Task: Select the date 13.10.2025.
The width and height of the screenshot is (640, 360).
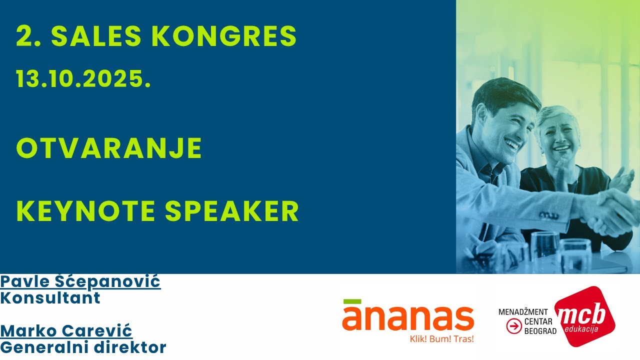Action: pyautogui.click(x=83, y=79)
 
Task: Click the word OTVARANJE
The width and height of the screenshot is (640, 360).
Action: pyautogui.click(x=109, y=148)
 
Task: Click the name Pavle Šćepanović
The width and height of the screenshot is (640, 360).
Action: pyautogui.click(x=80, y=281)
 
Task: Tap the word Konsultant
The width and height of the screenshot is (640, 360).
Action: pyautogui.click(x=50, y=298)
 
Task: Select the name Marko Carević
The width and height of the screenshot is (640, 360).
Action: pyautogui.click(x=66, y=330)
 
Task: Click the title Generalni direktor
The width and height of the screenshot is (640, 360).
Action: pyautogui.click(x=83, y=347)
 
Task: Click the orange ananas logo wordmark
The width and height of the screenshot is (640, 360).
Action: pyautogui.click(x=408, y=318)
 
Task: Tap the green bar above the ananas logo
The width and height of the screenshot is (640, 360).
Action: pyautogui.click(x=352, y=301)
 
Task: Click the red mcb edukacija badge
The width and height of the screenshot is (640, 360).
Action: pyautogui.click(x=585, y=316)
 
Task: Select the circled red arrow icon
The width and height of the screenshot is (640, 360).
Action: pyautogui.click(x=513, y=326)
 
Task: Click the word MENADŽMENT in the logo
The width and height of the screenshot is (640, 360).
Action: pyautogui.click(x=523, y=312)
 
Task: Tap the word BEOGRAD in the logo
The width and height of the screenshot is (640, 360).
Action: pyautogui.click(x=540, y=331)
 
